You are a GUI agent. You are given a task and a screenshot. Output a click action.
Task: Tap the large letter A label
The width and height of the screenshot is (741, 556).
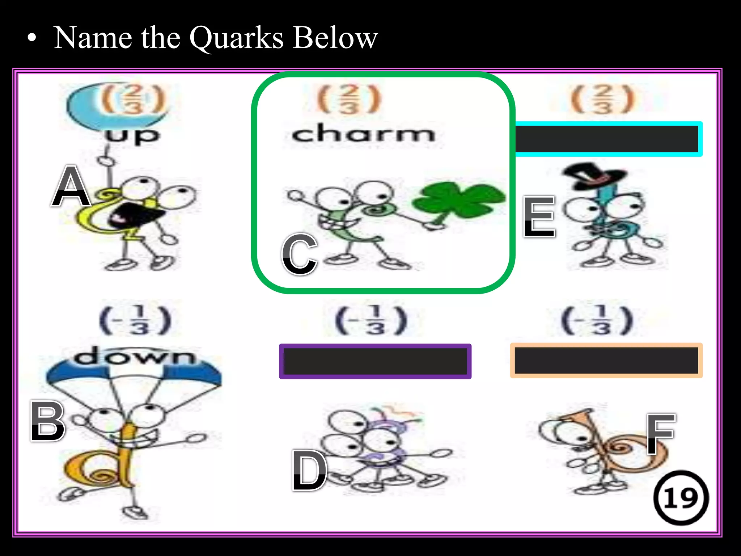(x=71, y=186)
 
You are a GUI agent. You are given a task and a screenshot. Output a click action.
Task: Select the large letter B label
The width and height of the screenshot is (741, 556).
(x=48, y=421)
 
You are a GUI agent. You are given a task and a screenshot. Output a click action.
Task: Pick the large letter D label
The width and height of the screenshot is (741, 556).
(x=310, y=471)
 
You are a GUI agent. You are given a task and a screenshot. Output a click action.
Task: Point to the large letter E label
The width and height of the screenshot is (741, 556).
(x=539, y=216)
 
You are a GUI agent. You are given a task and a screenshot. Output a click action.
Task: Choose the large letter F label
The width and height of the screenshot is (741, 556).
(x=661, y=434)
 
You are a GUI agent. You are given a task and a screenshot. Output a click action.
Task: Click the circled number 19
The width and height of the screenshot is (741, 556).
(x=681, y=498)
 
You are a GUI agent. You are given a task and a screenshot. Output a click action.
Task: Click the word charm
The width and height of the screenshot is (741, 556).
(x=363, y=134)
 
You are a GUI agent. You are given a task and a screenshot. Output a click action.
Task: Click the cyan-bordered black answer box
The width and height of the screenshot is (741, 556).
(x=608, y=139)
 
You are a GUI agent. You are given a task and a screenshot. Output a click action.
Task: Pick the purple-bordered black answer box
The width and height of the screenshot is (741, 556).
(x=375, y=361)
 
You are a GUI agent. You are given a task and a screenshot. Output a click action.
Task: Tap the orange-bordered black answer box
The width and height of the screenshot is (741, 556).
(x=606, y=361)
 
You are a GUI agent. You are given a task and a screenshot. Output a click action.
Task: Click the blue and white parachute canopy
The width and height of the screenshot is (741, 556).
(x=134, y=373)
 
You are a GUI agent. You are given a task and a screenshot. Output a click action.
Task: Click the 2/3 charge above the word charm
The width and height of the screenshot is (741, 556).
(x=349, y=99)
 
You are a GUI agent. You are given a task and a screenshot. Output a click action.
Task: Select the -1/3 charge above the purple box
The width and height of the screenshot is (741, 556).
(x=371, y=321)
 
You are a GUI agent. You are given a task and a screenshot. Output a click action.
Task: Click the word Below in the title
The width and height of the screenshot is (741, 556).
(x=335, y=38)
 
